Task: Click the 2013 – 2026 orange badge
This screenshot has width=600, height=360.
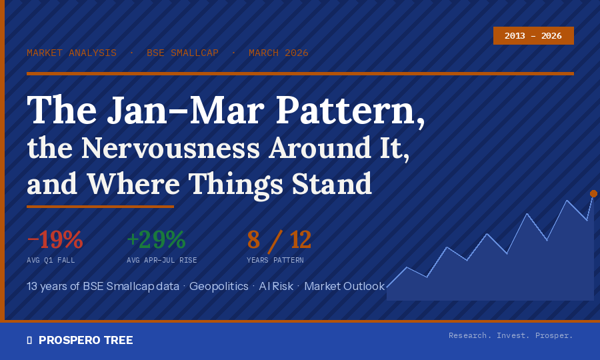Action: tap(533, 35)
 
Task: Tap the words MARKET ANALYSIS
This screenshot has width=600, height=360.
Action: tap(71, 53)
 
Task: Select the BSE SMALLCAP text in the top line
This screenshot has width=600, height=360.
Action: tap(183, 53)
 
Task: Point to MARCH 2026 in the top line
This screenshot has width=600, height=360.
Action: tap(279, 53)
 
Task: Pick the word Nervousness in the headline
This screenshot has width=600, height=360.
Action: tap(171, 149)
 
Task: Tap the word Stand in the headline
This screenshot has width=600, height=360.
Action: tap(332, 184)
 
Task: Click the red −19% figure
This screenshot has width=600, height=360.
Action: tap(55, 239)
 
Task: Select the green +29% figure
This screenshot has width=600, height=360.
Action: tap(156, 239)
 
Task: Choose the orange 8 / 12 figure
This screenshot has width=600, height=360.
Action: tap(279, 240)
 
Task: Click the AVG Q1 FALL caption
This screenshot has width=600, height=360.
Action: tap(51, 260)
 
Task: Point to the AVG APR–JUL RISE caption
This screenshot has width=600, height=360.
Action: tap(162, 260)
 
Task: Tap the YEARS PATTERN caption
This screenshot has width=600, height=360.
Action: tap(275, 260)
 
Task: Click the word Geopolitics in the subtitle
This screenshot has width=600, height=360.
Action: tap(219, 286)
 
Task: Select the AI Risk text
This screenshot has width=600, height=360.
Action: tap(276, 286)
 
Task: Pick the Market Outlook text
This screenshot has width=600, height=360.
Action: tap(345, 286)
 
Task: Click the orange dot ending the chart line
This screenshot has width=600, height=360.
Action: tap(593, 193)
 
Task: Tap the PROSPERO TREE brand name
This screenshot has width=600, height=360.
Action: tap(86, 340)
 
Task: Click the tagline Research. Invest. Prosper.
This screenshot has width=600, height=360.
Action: tap(511, 335)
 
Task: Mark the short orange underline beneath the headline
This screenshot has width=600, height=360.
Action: tap(100, 207)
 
